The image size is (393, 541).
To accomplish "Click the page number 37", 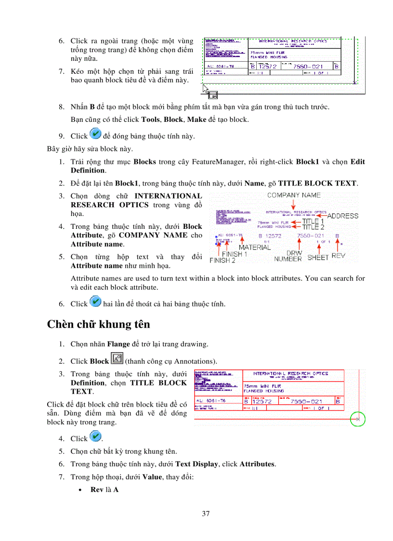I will click(x=206, y=514).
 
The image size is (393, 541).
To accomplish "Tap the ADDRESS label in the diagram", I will click(x=343, y=216).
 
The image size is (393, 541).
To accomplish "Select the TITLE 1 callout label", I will click(x=313, y=221).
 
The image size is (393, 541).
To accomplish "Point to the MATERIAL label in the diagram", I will click(x=255, y=247).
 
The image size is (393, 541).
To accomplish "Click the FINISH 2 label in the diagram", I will click(x=222, y=260).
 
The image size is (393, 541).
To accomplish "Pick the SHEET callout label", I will click(x=317, y=257).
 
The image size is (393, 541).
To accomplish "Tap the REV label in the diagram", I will click(x=339, y=256).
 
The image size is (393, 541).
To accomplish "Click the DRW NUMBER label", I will click(x=288, y=256).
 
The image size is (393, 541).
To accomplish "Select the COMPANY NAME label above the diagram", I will click(x=294, y=195).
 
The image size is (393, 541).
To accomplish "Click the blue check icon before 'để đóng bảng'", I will click(x=95, y=134).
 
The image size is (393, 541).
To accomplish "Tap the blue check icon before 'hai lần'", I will click(x=95, y=303).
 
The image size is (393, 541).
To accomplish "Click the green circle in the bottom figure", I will click(x=358, y=419).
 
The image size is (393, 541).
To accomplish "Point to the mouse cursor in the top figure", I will click(x=206, y=90).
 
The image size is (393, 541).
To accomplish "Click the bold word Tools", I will click(x=150, y=119).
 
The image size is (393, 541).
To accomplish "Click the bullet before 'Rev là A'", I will click(x=85, y=489).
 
